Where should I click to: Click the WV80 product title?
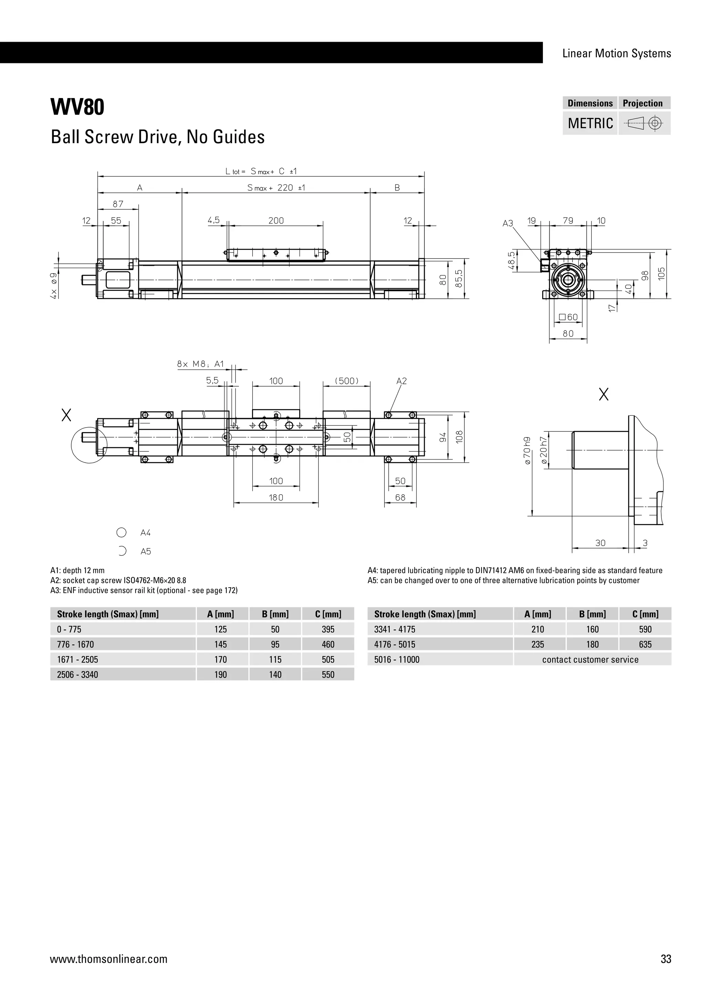click(78, 107)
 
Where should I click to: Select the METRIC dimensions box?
click(590, 123)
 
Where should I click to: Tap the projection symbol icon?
click(644, 124)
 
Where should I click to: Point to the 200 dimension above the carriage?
click(276, 221)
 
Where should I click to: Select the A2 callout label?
click(402, 381)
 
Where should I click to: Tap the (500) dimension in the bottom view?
click(347, 381)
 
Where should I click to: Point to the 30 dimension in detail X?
click(600, 543)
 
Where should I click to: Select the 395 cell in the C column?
click(328, 629)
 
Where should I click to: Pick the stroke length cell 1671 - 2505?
click(78, 660)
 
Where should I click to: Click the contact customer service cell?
click(590, 660)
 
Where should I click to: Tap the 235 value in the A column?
click(537, 644)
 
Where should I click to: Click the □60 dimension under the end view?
click(568, 317)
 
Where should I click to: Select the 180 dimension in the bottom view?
click(276, 497)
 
